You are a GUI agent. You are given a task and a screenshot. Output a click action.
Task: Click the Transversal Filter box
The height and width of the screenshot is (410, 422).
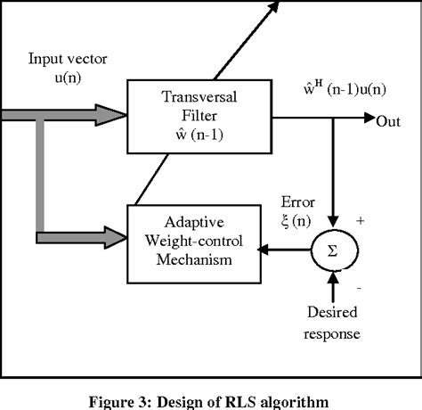click(184, 114)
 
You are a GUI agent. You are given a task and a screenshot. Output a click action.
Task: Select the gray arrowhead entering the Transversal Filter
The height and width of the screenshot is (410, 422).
click(113, 114)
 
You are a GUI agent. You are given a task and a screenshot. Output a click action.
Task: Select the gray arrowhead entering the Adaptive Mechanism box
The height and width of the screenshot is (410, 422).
click(113, 236)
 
